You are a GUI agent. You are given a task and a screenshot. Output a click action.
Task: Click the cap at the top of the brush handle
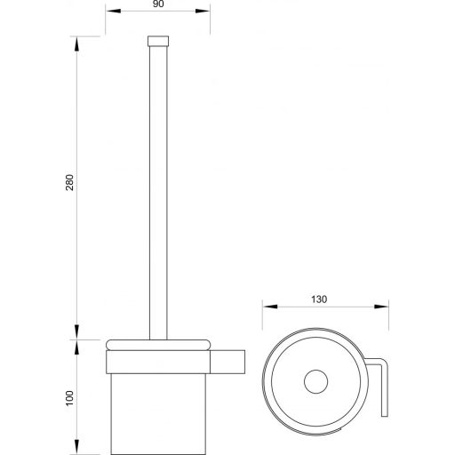(160, 41)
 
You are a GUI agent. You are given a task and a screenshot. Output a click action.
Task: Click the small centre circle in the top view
(313, 384)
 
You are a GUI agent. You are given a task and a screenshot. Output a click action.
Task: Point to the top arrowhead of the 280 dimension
(77, 40)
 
